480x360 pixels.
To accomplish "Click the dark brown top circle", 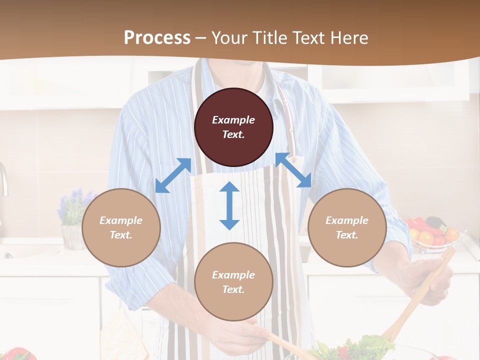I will (233, 127).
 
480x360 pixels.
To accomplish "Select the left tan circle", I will (121, 227).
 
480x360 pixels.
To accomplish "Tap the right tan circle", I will (347, 227).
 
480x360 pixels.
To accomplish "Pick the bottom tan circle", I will (233, 282).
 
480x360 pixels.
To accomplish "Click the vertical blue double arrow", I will (229, 205).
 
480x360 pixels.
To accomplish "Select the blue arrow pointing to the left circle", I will (173, 175).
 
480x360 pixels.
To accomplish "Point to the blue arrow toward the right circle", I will (293, 170).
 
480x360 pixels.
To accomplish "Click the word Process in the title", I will (157, 37).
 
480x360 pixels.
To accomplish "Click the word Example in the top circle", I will (233, 120).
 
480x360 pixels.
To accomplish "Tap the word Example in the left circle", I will (121, 220).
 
